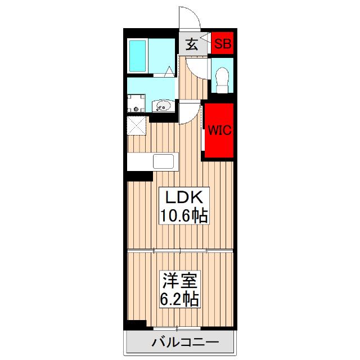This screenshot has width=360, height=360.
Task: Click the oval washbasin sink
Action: click(163, 105)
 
